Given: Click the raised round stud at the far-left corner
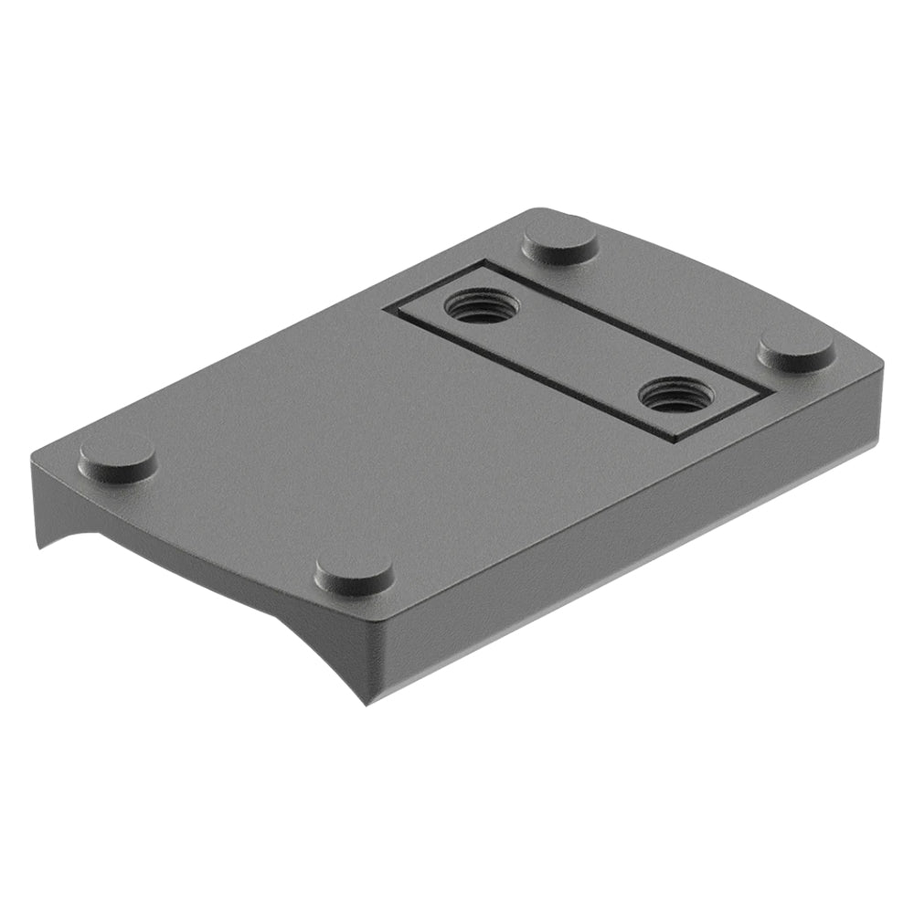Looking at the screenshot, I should [x=117, y=459].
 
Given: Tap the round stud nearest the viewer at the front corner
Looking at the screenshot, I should [x=354, y=573].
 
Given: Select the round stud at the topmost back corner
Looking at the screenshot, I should [x=560, y=240].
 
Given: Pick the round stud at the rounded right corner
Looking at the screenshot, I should [x=796, y=347].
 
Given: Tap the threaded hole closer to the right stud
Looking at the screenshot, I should [x=675, y=394].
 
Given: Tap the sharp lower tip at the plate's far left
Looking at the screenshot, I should [x=38, y=548].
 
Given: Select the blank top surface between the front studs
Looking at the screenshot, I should [x=238, y=512].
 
